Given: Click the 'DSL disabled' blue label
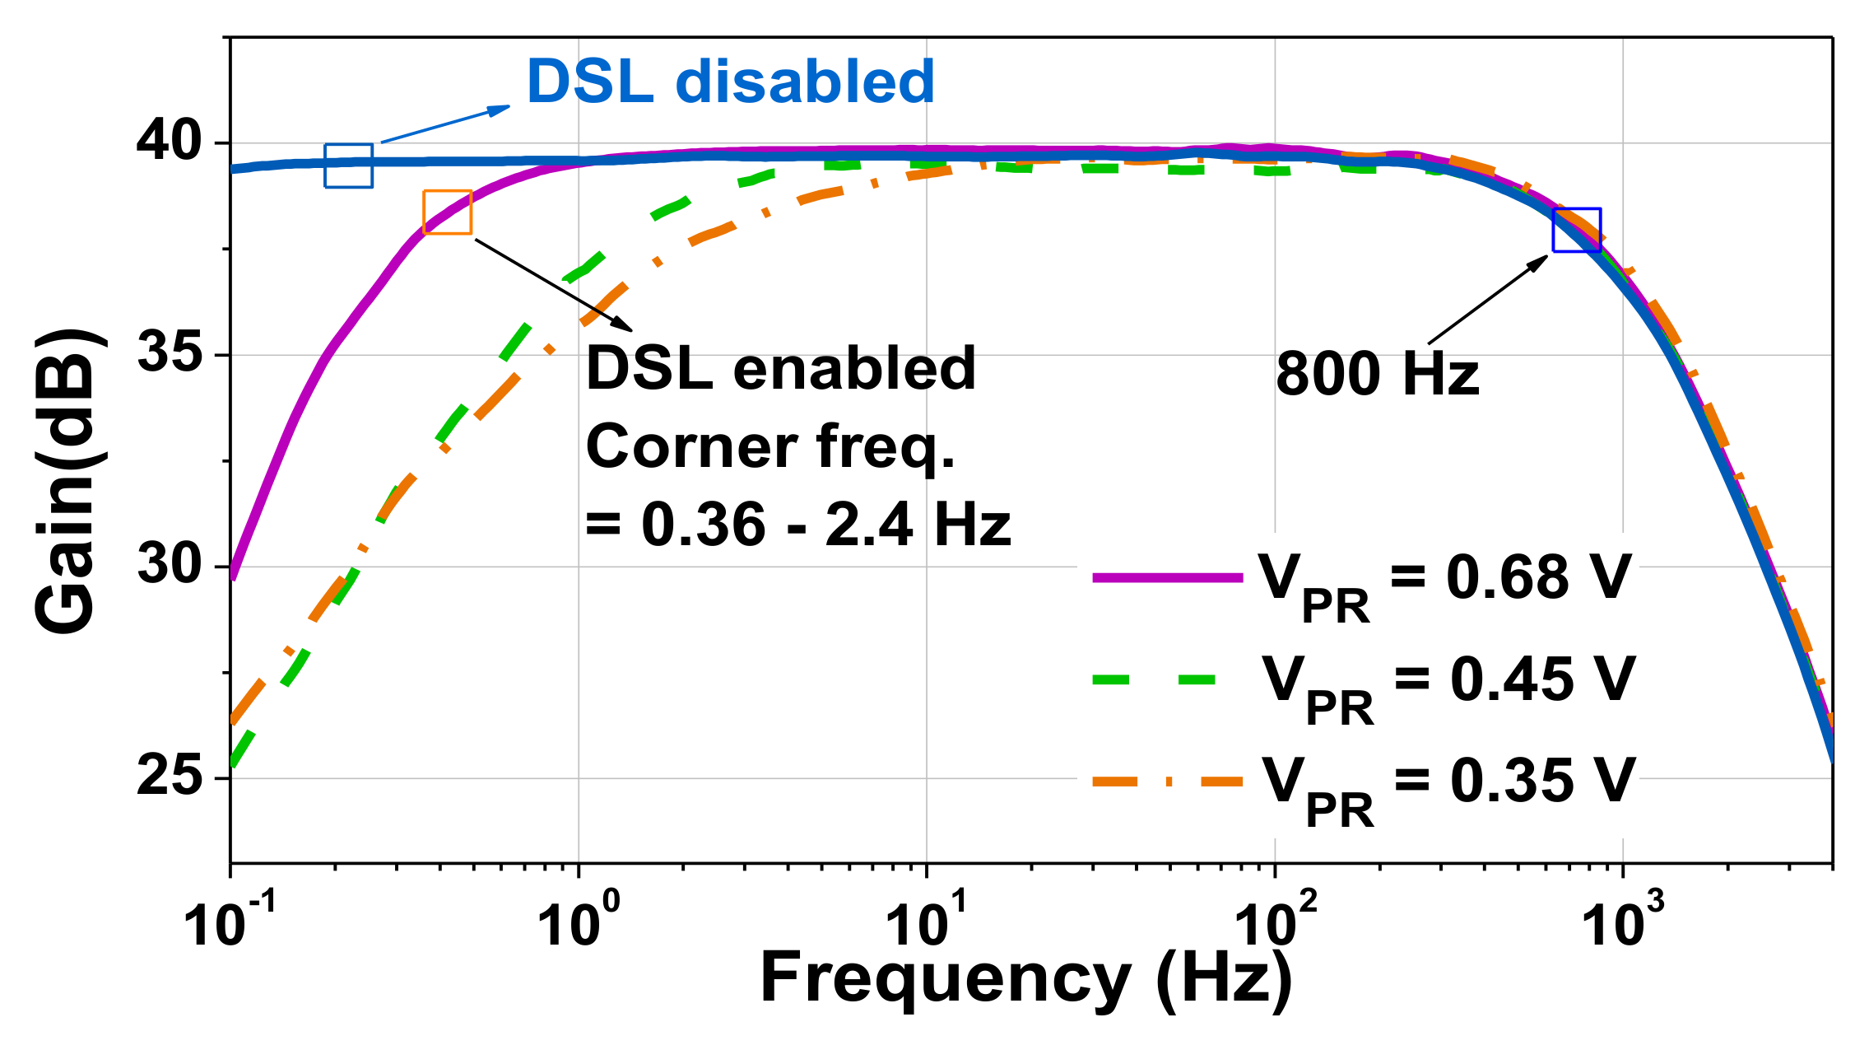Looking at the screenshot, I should tap(730, 82).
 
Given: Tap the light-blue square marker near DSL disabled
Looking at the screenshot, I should tap(348, 166).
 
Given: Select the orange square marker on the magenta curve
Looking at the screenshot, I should tap(448, 212).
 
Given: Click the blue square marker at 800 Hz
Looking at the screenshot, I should tap(1576, 230).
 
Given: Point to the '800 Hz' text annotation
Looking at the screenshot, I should tap(1377, 375).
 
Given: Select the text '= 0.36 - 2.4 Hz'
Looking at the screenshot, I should tap(797, 525).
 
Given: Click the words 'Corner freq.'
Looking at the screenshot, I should tap(770, 447).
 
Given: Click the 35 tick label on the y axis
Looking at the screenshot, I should tap(169, 354).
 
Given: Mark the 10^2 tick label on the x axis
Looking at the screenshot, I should tap(1276, 922).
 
